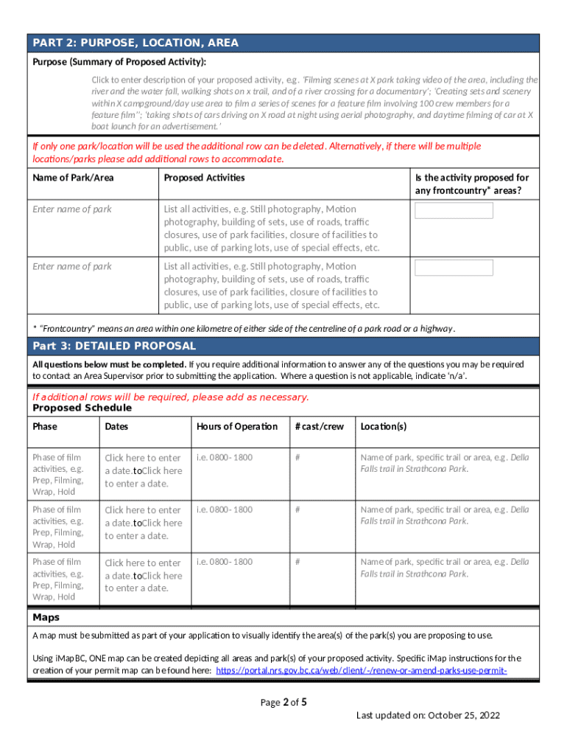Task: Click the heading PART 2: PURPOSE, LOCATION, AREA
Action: tap(135, 43)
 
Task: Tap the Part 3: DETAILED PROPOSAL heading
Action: tap(114, 346)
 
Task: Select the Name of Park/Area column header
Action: tap(74, 178)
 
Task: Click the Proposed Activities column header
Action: tap(204, 178)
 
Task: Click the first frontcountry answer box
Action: tap(454, 211)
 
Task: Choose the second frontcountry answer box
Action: tap(454, 268)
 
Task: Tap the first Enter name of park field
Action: tap(72, 209)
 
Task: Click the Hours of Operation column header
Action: tap(237, 426)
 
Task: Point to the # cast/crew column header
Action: tap(319, 426)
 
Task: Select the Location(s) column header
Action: tap(383, 426)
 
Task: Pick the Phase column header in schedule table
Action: tap(45, 426)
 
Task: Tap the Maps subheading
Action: tap(46, 617)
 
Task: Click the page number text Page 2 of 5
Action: tap(283, 703)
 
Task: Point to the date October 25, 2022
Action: tap(468, 716)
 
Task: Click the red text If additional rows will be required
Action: tap(171, 397)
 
